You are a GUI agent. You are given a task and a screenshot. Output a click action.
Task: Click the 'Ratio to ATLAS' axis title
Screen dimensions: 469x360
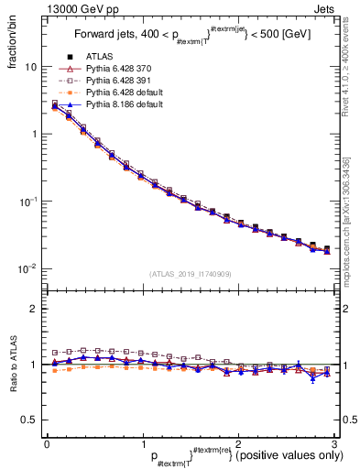click(12, 364)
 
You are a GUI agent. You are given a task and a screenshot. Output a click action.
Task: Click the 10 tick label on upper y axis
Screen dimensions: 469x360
click(30, 68)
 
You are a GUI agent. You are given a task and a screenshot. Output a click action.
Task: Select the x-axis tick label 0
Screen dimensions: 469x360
click(47, 443)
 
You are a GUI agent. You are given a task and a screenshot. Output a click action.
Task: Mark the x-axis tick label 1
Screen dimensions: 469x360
click(142, 443)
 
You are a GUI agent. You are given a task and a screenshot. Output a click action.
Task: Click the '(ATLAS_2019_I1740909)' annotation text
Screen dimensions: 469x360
click(190, 274)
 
